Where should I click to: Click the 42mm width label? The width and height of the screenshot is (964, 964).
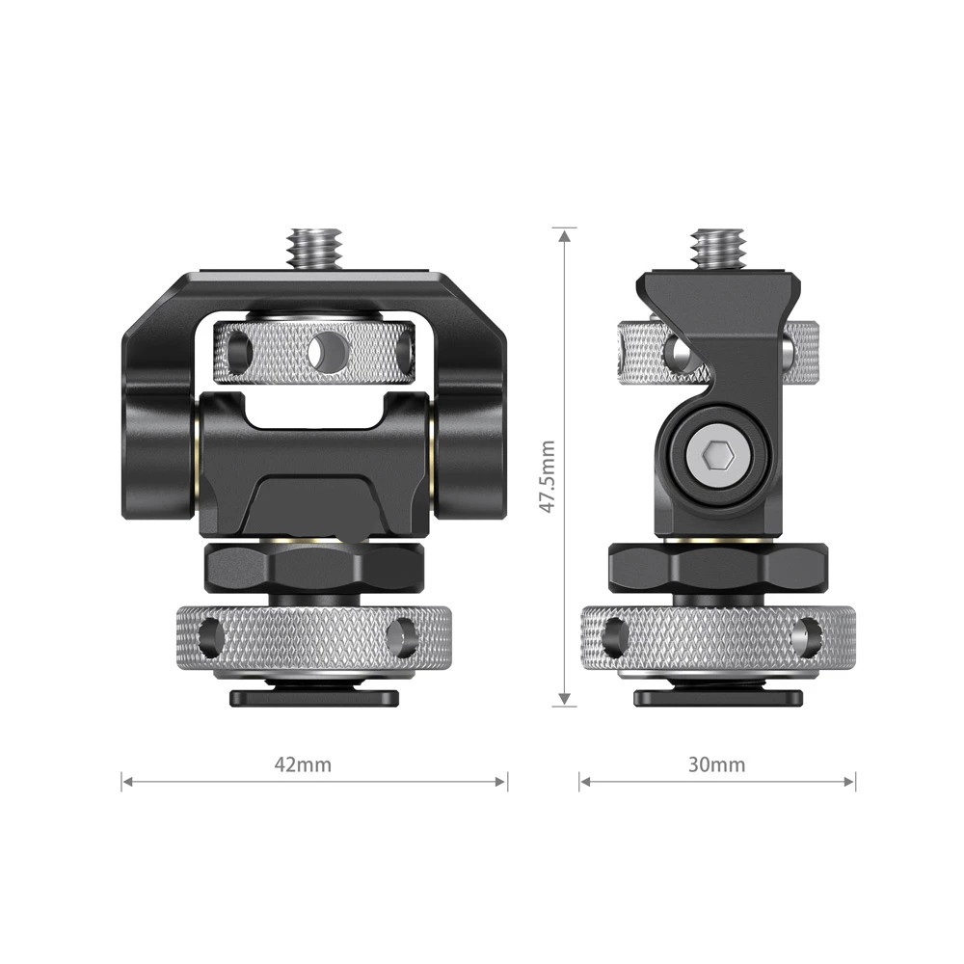(303, 765)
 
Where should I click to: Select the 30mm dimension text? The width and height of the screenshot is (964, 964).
(716, 765)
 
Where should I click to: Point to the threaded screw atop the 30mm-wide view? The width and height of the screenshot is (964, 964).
(717, 249)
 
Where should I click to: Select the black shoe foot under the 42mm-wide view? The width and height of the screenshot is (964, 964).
(314, 697)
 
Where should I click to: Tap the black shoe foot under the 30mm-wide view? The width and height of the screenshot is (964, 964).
(717, 697)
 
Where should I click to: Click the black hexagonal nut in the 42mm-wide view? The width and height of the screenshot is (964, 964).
(314, 568)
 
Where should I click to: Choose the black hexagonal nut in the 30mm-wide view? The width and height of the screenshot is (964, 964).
(717, 568)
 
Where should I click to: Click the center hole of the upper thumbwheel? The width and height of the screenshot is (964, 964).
(328, 351)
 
